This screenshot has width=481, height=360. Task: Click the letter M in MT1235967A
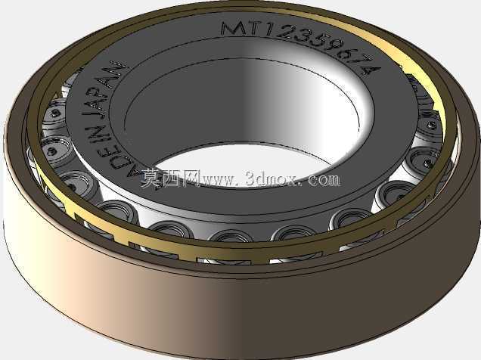point(235,29)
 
